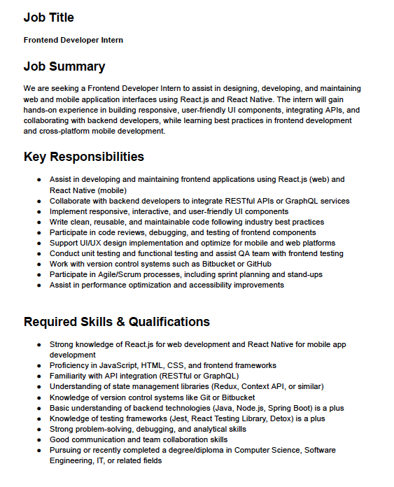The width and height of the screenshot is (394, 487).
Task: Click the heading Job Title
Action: click(48, 17)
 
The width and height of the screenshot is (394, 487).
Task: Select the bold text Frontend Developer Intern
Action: click(73, 40)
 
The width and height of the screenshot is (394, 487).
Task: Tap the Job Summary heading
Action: click(64, 66)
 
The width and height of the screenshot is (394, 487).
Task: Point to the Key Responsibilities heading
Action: click(84, 156)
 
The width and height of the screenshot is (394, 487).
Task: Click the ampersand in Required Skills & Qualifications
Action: click(126, 322)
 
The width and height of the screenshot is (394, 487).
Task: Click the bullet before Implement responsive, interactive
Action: click(38, 211)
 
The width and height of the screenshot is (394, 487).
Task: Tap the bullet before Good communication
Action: click(38, 439)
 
